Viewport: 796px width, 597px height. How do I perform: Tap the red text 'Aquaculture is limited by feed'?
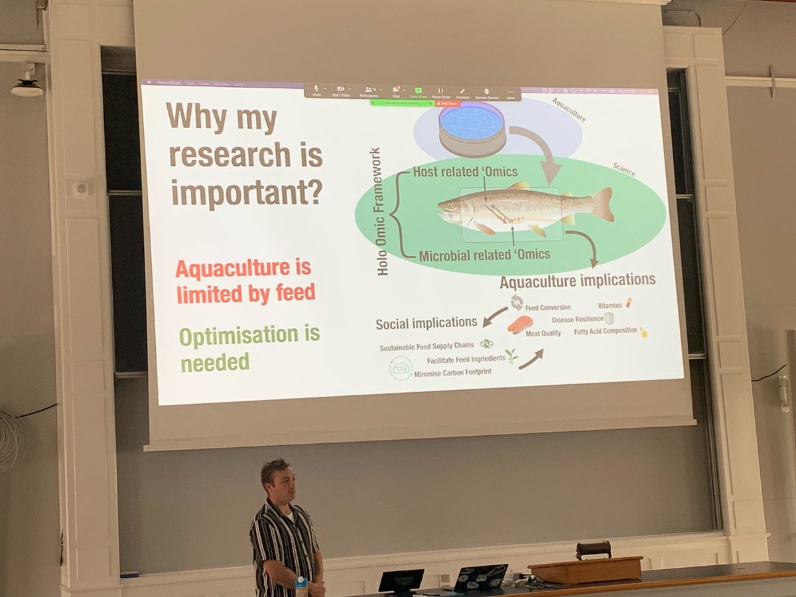(245, 281)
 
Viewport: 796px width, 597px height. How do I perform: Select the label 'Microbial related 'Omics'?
(484, 253)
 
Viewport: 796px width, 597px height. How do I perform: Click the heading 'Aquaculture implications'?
(577, 281)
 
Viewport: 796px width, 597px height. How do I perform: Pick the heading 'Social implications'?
(426, 324)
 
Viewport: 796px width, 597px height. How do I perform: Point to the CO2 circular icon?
(401, 367)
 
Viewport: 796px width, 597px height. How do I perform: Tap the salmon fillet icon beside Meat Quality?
(520, 324)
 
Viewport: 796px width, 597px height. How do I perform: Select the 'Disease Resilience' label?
(577, 319)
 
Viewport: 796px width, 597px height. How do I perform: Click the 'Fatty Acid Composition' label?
(605, 330)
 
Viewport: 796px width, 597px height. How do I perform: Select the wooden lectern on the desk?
(585, 568)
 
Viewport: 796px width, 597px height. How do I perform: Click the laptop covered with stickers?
(480, 576)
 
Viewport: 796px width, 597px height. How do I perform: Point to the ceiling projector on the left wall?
(27, 86)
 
